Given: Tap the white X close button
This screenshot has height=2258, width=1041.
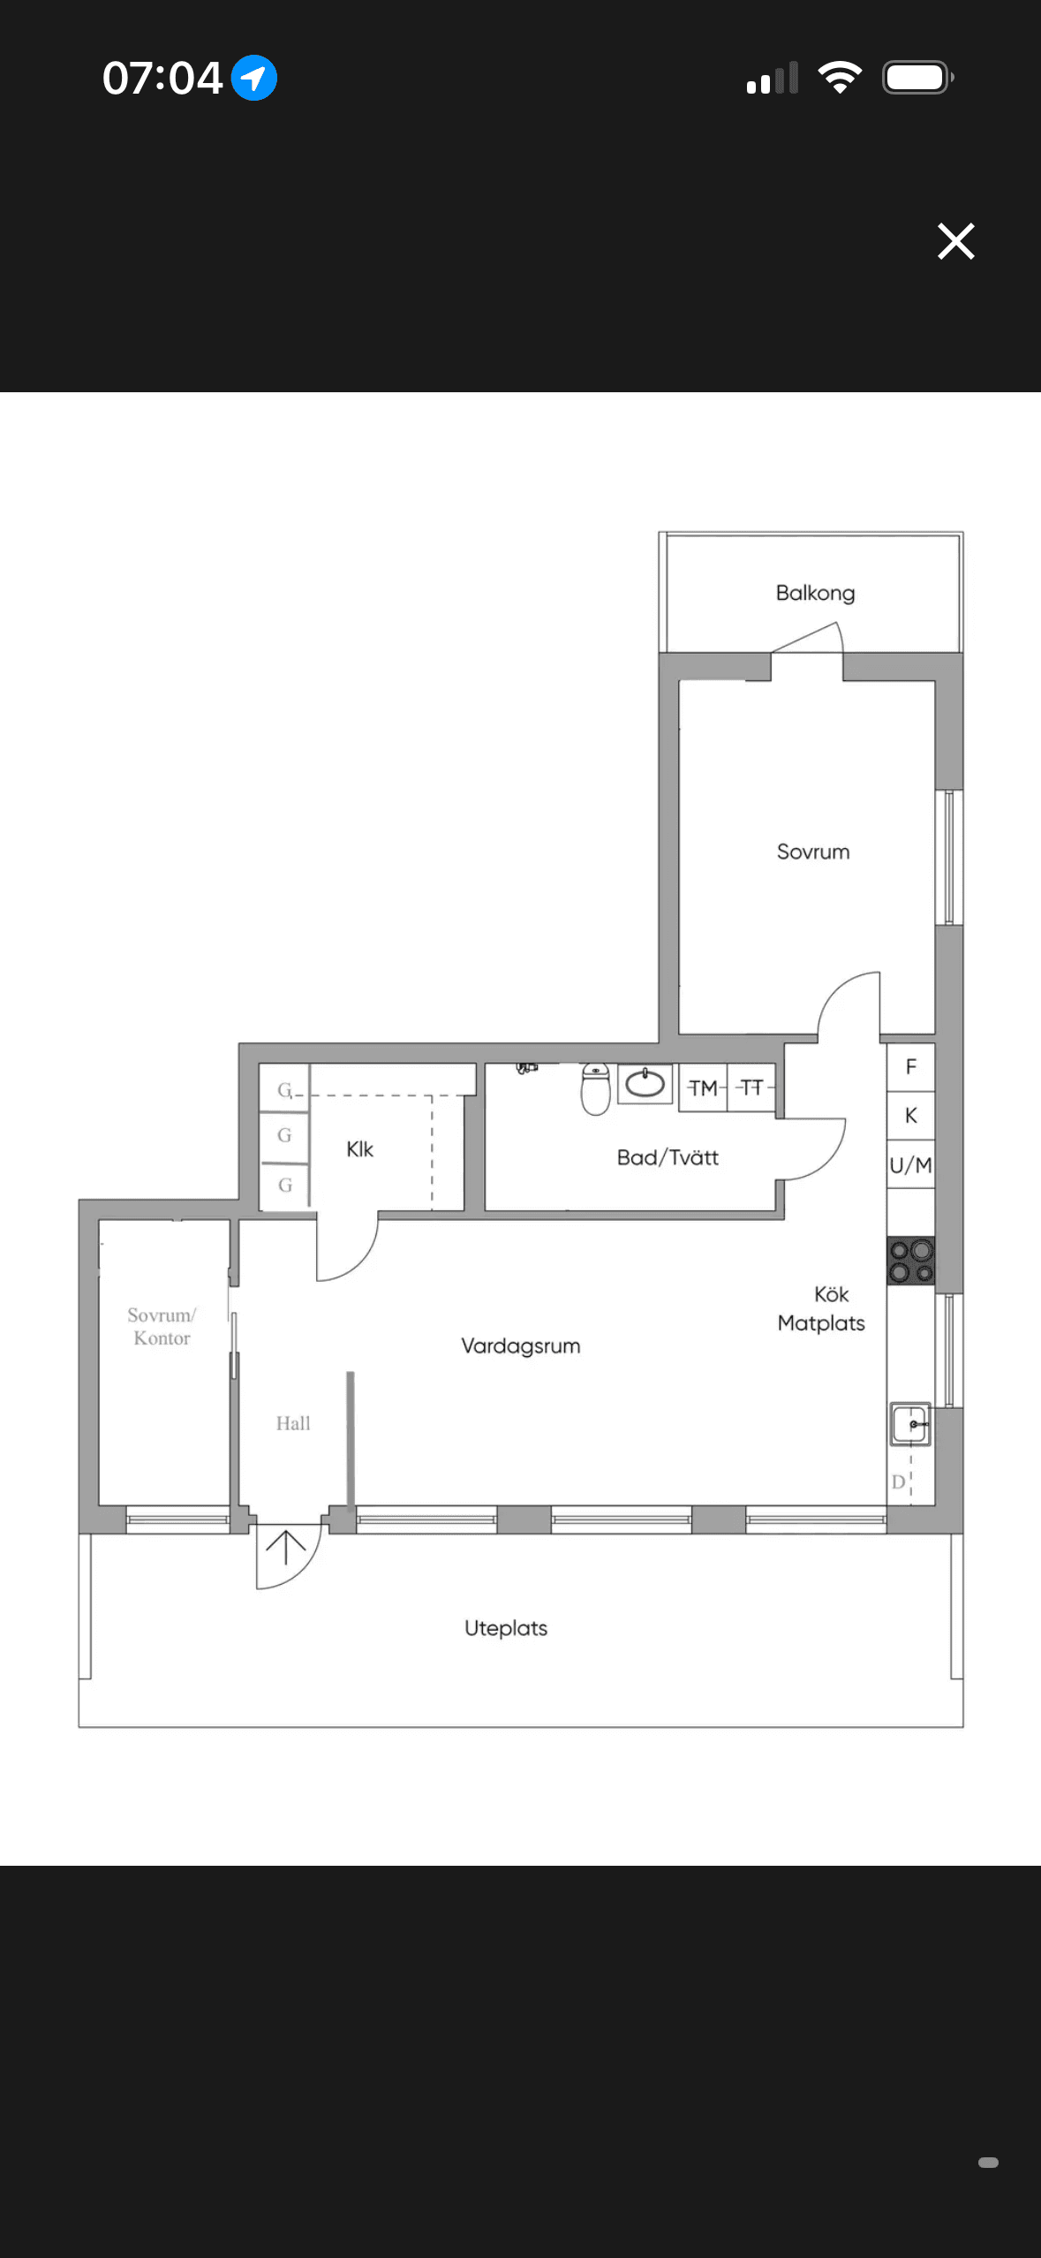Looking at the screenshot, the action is (x=955, y=241).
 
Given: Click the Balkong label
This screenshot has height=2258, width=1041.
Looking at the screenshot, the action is (x=815, y=593).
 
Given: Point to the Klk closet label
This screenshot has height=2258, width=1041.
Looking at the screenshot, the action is (x=359, y=1149).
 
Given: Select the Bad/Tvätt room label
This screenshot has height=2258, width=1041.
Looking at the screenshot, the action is (x=668, y=1157).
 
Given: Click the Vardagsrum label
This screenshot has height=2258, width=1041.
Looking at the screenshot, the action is (x=521, y=1346).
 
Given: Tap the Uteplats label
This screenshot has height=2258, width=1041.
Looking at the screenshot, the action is (x=506, y=1628).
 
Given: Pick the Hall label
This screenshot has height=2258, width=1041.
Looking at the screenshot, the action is (x=293, y=1423).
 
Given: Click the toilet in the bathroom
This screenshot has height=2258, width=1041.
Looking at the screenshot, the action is (x=596, y=1089).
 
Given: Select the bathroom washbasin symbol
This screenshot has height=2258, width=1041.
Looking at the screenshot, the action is (x=645, y=1084).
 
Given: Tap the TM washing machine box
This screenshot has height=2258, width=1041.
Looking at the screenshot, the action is (x=704, y=1087).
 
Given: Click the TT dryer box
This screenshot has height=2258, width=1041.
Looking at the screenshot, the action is (x=751, y=1087).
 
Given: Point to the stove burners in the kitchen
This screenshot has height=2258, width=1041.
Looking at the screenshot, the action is (x=911, y=1262).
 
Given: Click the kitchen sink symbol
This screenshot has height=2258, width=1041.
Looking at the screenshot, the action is (x=909, y=1424).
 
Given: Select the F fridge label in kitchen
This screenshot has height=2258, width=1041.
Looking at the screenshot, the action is (x=911, y=1067).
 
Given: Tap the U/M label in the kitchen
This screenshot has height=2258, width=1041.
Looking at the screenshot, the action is (x=911, y=1165).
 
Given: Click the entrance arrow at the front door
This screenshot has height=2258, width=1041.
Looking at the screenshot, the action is (x=286, y=1548).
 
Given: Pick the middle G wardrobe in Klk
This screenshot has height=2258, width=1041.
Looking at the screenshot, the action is (x=284, y=1135).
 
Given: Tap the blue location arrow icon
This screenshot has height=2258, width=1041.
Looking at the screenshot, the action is (x=254, y=78).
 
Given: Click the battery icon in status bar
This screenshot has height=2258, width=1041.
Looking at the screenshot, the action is (x=918, y=78).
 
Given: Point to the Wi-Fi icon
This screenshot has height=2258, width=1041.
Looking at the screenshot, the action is (x=840, y=78).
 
